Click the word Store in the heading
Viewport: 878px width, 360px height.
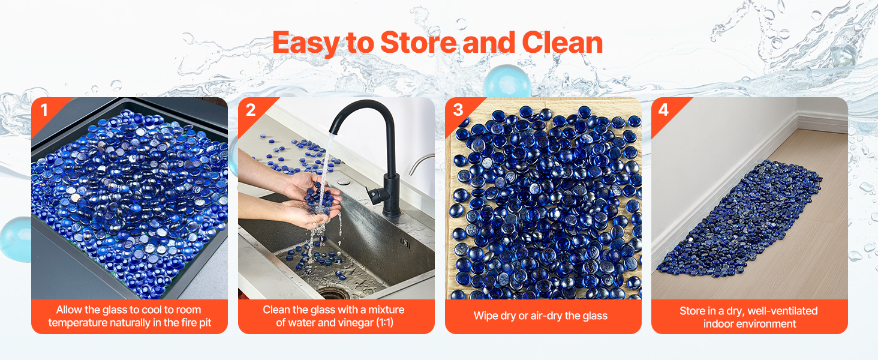click(x=418, y=43)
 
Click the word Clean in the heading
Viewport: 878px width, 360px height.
click(x=563, y=43)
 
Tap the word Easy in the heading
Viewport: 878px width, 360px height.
click(x=306, y=44)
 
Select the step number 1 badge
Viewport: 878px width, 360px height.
click(x=44, y=110)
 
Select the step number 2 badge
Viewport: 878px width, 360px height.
click(x=251, y=110)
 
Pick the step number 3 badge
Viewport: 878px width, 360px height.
click(x=458, y=110)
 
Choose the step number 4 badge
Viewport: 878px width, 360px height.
click(x=663, y=110)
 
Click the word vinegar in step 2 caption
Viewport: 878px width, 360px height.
click(x=354, y=323)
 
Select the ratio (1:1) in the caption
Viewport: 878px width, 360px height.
click(x=384, y=322)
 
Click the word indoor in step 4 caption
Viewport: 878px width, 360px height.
click(x=717, y=324)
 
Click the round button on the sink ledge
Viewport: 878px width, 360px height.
click(x=344, y=182)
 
